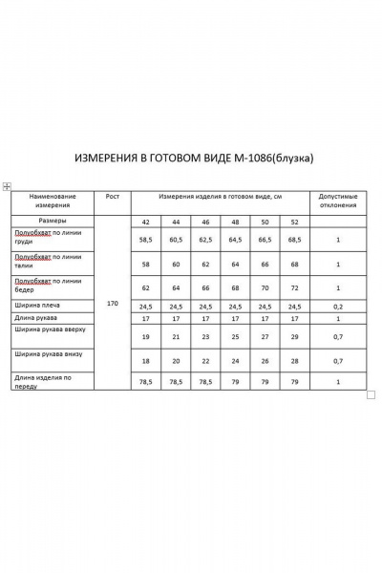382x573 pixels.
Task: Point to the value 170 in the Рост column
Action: (113, 303)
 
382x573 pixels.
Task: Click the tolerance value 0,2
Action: (338, 307)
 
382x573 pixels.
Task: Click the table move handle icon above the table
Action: (7, 185)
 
